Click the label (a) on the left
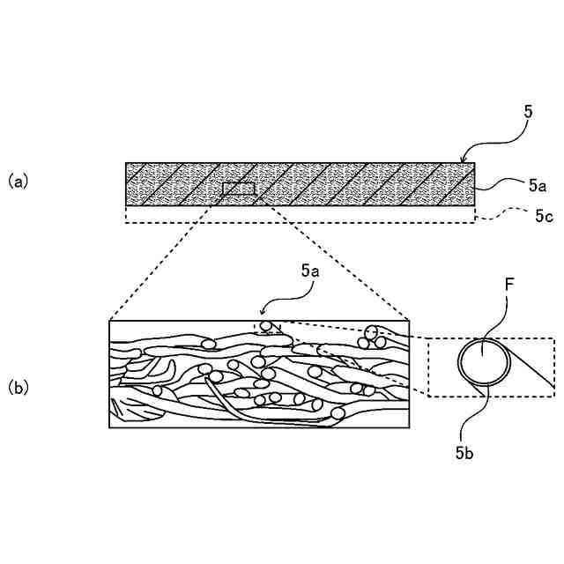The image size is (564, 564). [x=19, y=181]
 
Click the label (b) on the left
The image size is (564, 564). [x=19, y=386]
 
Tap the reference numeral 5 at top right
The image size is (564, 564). [x=528, y=112]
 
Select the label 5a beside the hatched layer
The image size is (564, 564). [x=538, y=185]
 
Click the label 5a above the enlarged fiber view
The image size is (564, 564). [x=308, y=272]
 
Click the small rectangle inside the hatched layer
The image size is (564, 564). [x=239, y=189]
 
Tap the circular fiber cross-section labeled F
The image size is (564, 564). [x=482, y=361]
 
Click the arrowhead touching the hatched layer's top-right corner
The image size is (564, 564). [x=464, y=160]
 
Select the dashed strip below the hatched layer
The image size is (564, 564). [x=300, y=216]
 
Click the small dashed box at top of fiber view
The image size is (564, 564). [x=269, y=327]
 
